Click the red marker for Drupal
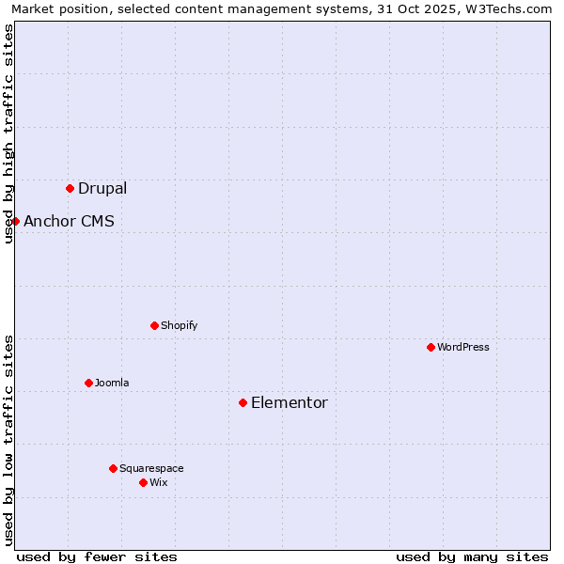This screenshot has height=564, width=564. (x=70, y=188)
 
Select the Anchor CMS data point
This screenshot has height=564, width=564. (x=15, y=221)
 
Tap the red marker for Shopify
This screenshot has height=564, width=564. (x=154, y=325)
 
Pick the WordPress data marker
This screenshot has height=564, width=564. (x=431, y=347)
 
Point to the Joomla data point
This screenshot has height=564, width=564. (x=88, y=383)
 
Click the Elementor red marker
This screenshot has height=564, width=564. (x=243, y=402)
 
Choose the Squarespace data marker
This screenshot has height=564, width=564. (x=113, y=468)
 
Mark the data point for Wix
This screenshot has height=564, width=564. (x=143, y=482)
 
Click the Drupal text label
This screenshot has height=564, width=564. (x=102, y=188)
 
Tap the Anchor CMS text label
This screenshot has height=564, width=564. (x=69, y=221)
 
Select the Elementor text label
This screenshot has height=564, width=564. (x=290, y=402)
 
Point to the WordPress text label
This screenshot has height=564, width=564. (x=463, y=347)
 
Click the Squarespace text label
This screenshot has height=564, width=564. (x=151, y=468)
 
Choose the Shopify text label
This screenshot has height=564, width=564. (x=179, y=325)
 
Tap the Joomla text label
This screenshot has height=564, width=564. (x=112, y=383)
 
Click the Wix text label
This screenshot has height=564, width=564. (x=158, y=482)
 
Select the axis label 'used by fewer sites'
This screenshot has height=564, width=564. (x=97, y=556)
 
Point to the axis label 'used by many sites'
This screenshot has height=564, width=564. (x=472, y=556)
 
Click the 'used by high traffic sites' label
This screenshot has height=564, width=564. (x=8, y=133)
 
